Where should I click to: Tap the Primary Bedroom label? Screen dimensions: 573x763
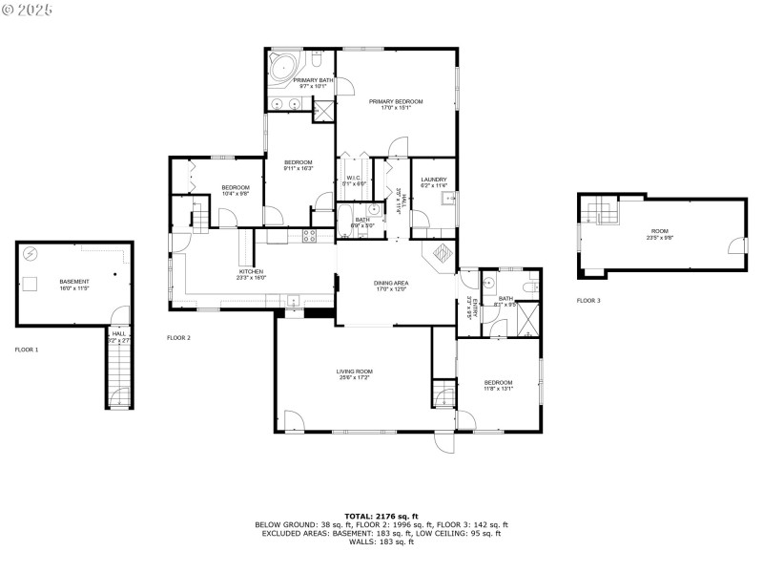tap(396, 101)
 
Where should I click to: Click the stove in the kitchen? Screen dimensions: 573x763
tap(310, 234)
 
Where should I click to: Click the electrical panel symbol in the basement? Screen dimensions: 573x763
tap(31, 254)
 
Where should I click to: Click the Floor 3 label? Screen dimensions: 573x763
tap(588, 301)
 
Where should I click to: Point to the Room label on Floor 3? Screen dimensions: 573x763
tap(660, 231)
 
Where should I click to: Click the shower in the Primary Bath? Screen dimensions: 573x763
tap(323, 110)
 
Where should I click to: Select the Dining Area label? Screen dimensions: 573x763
tap(391, 283)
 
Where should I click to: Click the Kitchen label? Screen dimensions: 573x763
tap(252, 272)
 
